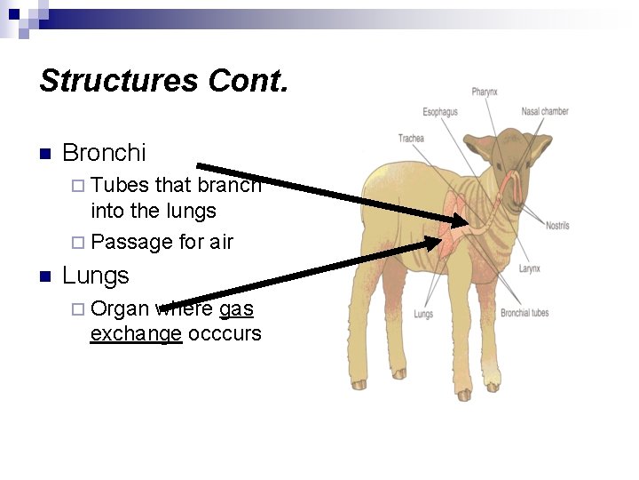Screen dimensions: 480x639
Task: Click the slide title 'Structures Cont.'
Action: [x=164, y=82]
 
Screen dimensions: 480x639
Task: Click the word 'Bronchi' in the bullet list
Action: [x=104, y=153]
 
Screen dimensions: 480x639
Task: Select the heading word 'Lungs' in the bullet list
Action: [x=95, y=276]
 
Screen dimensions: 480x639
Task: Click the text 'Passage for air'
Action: [x=162, y=242]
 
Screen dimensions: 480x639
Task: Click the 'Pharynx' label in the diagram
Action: [x=485, y=92]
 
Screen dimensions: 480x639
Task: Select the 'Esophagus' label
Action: [x=440, y=112]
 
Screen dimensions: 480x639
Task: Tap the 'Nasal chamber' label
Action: [x=544, y=112]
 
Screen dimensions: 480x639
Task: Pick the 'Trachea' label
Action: [x=411, y=138]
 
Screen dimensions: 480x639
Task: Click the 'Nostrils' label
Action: [x=557, y=226]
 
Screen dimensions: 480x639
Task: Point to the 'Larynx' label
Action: [x=529, y=268]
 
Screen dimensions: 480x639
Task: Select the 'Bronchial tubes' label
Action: [x=525, y=313]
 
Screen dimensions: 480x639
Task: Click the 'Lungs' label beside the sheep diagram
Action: [x=423, y=314]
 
